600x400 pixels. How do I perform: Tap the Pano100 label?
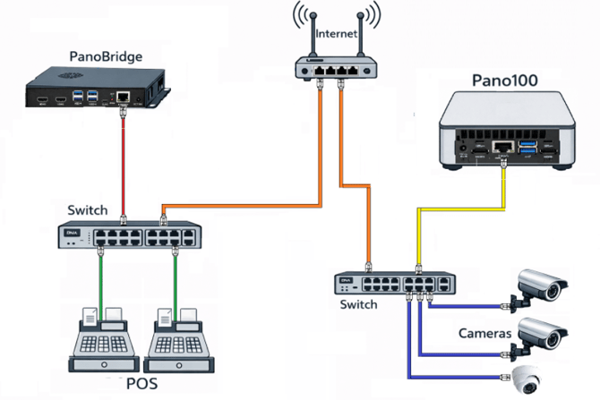(x=504, y=81)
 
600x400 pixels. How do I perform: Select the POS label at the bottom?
(x=144, y=385)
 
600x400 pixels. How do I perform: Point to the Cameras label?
(x=484, y=333)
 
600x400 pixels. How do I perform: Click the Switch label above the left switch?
(x=88, y=210)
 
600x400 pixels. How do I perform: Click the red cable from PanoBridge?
(x=123, y=161)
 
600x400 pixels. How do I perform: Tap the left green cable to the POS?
(x=100, y=277)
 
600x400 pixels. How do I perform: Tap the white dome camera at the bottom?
(x=525, y=380)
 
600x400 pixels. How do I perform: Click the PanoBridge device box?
(x=94, y=90)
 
